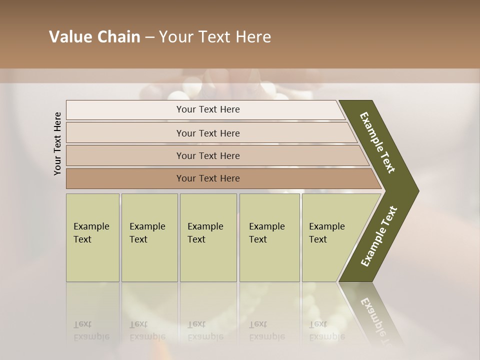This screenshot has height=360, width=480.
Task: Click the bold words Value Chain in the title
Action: point(94,37)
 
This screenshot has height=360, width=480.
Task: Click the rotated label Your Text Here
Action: point(58,143)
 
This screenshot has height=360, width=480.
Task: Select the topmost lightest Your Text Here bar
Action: point(205,110)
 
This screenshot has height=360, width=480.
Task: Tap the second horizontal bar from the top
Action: point(210,133)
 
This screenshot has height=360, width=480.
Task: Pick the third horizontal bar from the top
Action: point(215,155)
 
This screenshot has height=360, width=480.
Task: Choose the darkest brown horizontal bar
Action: point(220,178)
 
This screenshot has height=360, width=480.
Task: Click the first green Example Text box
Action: point(92,237)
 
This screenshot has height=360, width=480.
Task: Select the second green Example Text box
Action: point(149,237)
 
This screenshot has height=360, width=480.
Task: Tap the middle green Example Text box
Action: point(208,237)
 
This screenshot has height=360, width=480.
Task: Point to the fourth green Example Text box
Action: point(269,237)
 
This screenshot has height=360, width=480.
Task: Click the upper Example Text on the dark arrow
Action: point(377,142)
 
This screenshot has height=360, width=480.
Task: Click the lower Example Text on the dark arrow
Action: point(379,236)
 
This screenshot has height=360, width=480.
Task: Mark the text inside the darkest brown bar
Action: point(208,178)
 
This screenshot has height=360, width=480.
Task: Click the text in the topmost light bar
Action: point(208,109)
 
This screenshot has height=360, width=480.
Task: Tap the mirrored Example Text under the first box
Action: point(91,331)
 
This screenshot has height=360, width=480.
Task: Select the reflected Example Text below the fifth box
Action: point(326,331)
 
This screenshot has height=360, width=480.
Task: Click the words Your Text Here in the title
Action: point(215,37)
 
